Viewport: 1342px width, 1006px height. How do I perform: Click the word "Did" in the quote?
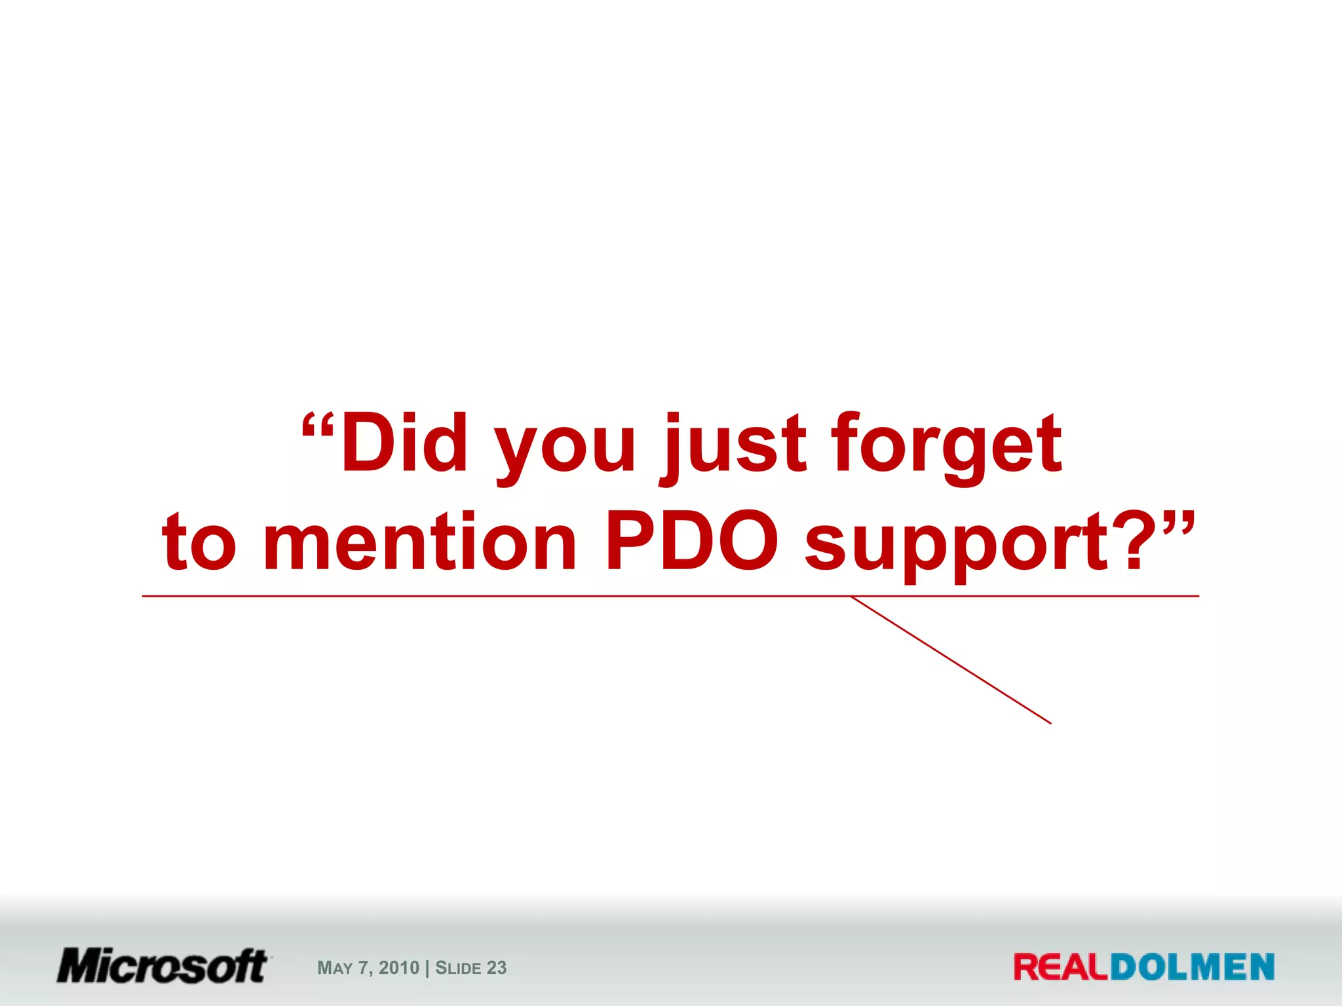tap(404, 443)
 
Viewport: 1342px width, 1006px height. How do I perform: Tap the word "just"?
tap(733, 445)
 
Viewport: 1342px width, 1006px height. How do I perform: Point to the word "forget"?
tap(947, 445)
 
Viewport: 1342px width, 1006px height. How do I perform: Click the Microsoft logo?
tap(163, 966)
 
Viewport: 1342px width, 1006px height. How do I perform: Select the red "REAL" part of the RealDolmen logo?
tap(1061, 967)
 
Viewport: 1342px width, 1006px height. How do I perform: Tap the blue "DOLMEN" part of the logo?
tap(1192, 967)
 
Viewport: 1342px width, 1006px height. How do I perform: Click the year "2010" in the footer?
tap(398, 967)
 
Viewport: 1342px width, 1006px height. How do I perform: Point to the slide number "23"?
tap(497, 967)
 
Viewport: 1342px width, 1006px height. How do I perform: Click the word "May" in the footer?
tap(335, 968)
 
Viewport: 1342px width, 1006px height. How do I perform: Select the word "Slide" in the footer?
tap(458, 967)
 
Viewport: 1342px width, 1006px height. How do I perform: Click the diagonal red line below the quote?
tap(951, 660)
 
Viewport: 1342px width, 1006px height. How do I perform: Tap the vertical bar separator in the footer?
tap(427, 967)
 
